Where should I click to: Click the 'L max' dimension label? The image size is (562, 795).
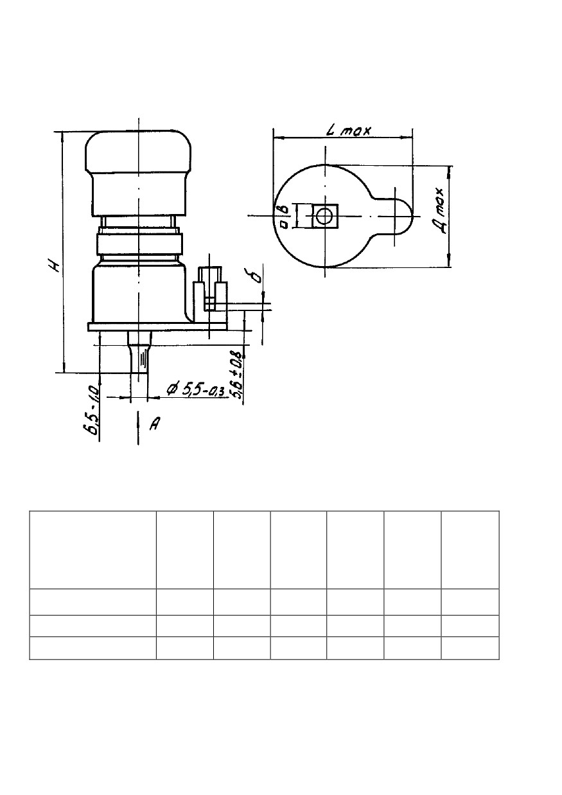click(348, 130)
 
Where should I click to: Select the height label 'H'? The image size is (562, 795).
click(55, 266)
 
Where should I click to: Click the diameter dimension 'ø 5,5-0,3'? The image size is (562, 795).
click(195, 389)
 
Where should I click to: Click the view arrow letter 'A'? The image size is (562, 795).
click(155, 423)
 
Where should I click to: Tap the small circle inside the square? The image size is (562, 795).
click(324, 216)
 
